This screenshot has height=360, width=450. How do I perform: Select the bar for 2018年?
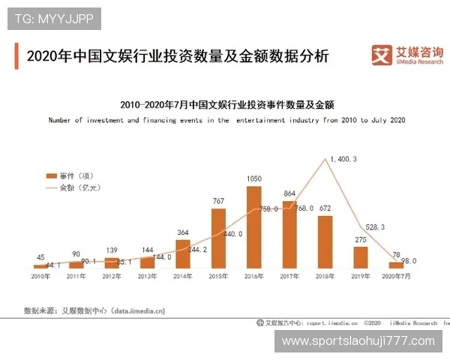pos(325,241)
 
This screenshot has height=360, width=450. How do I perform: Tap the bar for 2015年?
pos(218,238)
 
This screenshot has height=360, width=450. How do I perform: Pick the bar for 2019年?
pos(361,256)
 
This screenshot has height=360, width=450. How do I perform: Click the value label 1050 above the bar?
pos(254,178)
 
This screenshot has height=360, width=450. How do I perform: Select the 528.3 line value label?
pos(374,226)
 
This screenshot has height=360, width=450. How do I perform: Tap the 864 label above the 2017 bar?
pos(289,193)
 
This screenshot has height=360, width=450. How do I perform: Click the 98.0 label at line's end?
pos(408,261)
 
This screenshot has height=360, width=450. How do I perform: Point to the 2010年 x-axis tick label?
pos(40,277)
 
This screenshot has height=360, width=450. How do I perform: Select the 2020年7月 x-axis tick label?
pos(397,277)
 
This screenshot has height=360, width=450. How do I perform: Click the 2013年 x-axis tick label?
pos(147,277)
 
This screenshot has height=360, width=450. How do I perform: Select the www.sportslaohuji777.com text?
pos(358,341)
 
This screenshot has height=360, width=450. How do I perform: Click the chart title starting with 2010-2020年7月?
pos(226,104)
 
